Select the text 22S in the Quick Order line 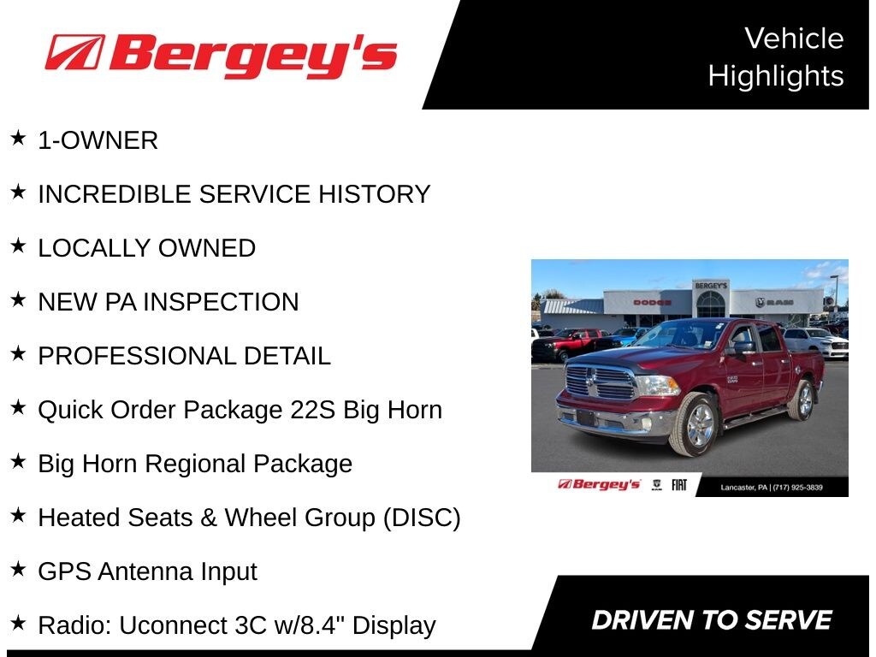tap(312, 410)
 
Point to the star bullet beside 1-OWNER tap(19, 138)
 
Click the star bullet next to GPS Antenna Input tap(19, 569)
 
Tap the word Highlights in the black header tap(776, 76)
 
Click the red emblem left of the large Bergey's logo tap(75, 52)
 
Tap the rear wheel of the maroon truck tap(802, 400)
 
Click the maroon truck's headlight tap(656, 385)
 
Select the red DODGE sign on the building tap(652, 303)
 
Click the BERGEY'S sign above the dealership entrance tap(711, 286)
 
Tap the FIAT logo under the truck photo tap(678, 485)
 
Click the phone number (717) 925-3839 tap(798, 488)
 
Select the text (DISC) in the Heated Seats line tap(422, 518)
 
